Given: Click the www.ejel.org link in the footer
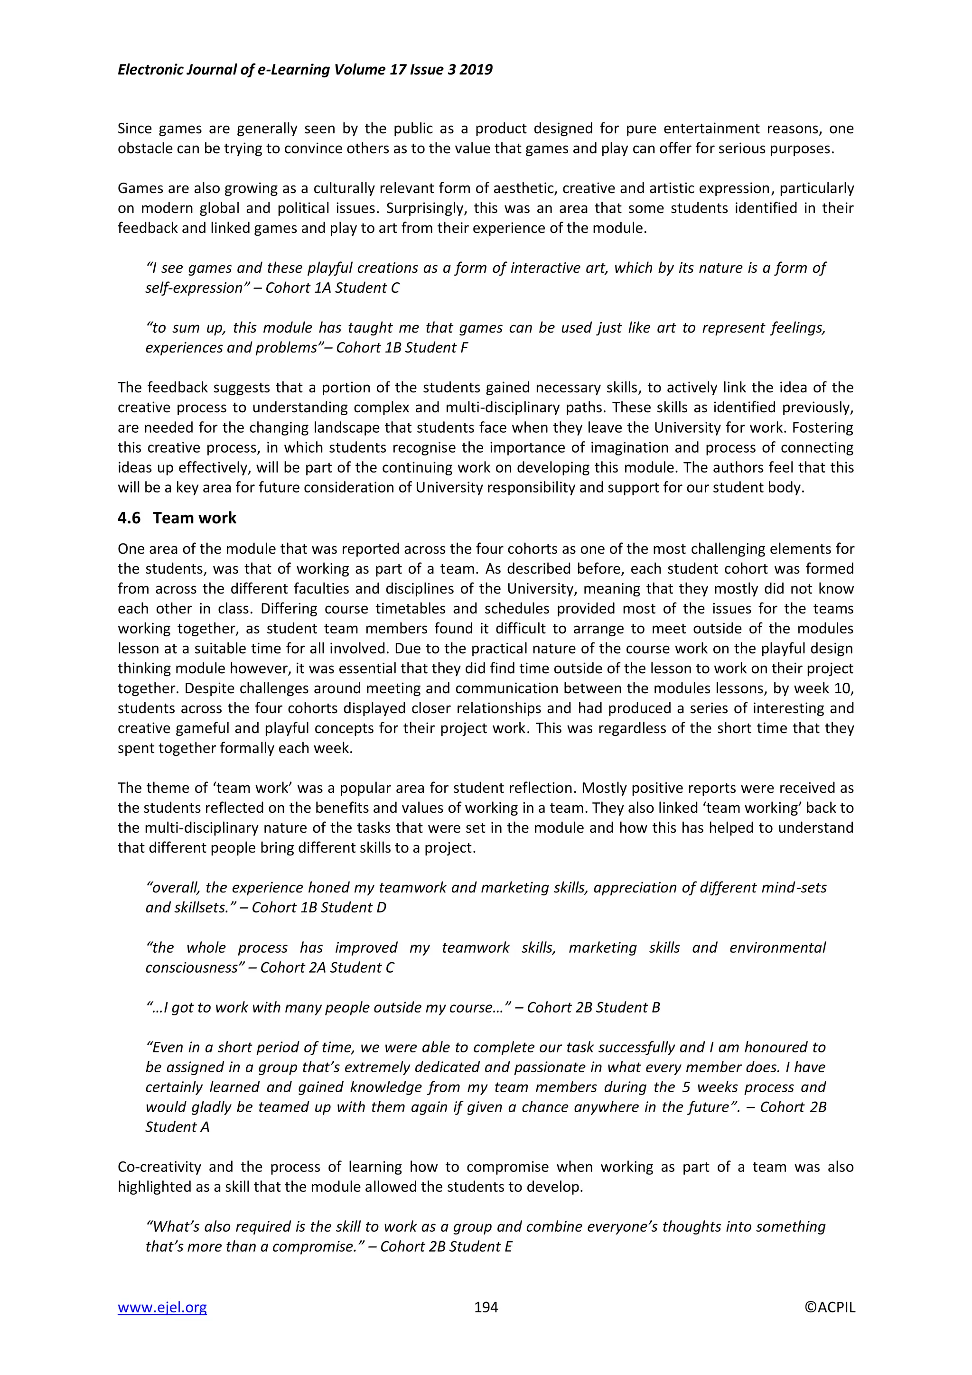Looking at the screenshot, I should (x=162, y=1307).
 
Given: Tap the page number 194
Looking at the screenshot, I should (x=486, y=1307).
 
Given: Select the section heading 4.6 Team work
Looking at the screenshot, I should (x=178, y=518).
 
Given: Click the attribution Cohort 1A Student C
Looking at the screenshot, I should (x=332, y=288).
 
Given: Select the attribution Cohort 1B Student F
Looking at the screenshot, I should (x=402, y=347).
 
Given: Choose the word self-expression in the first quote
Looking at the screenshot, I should (x=195, y=288).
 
